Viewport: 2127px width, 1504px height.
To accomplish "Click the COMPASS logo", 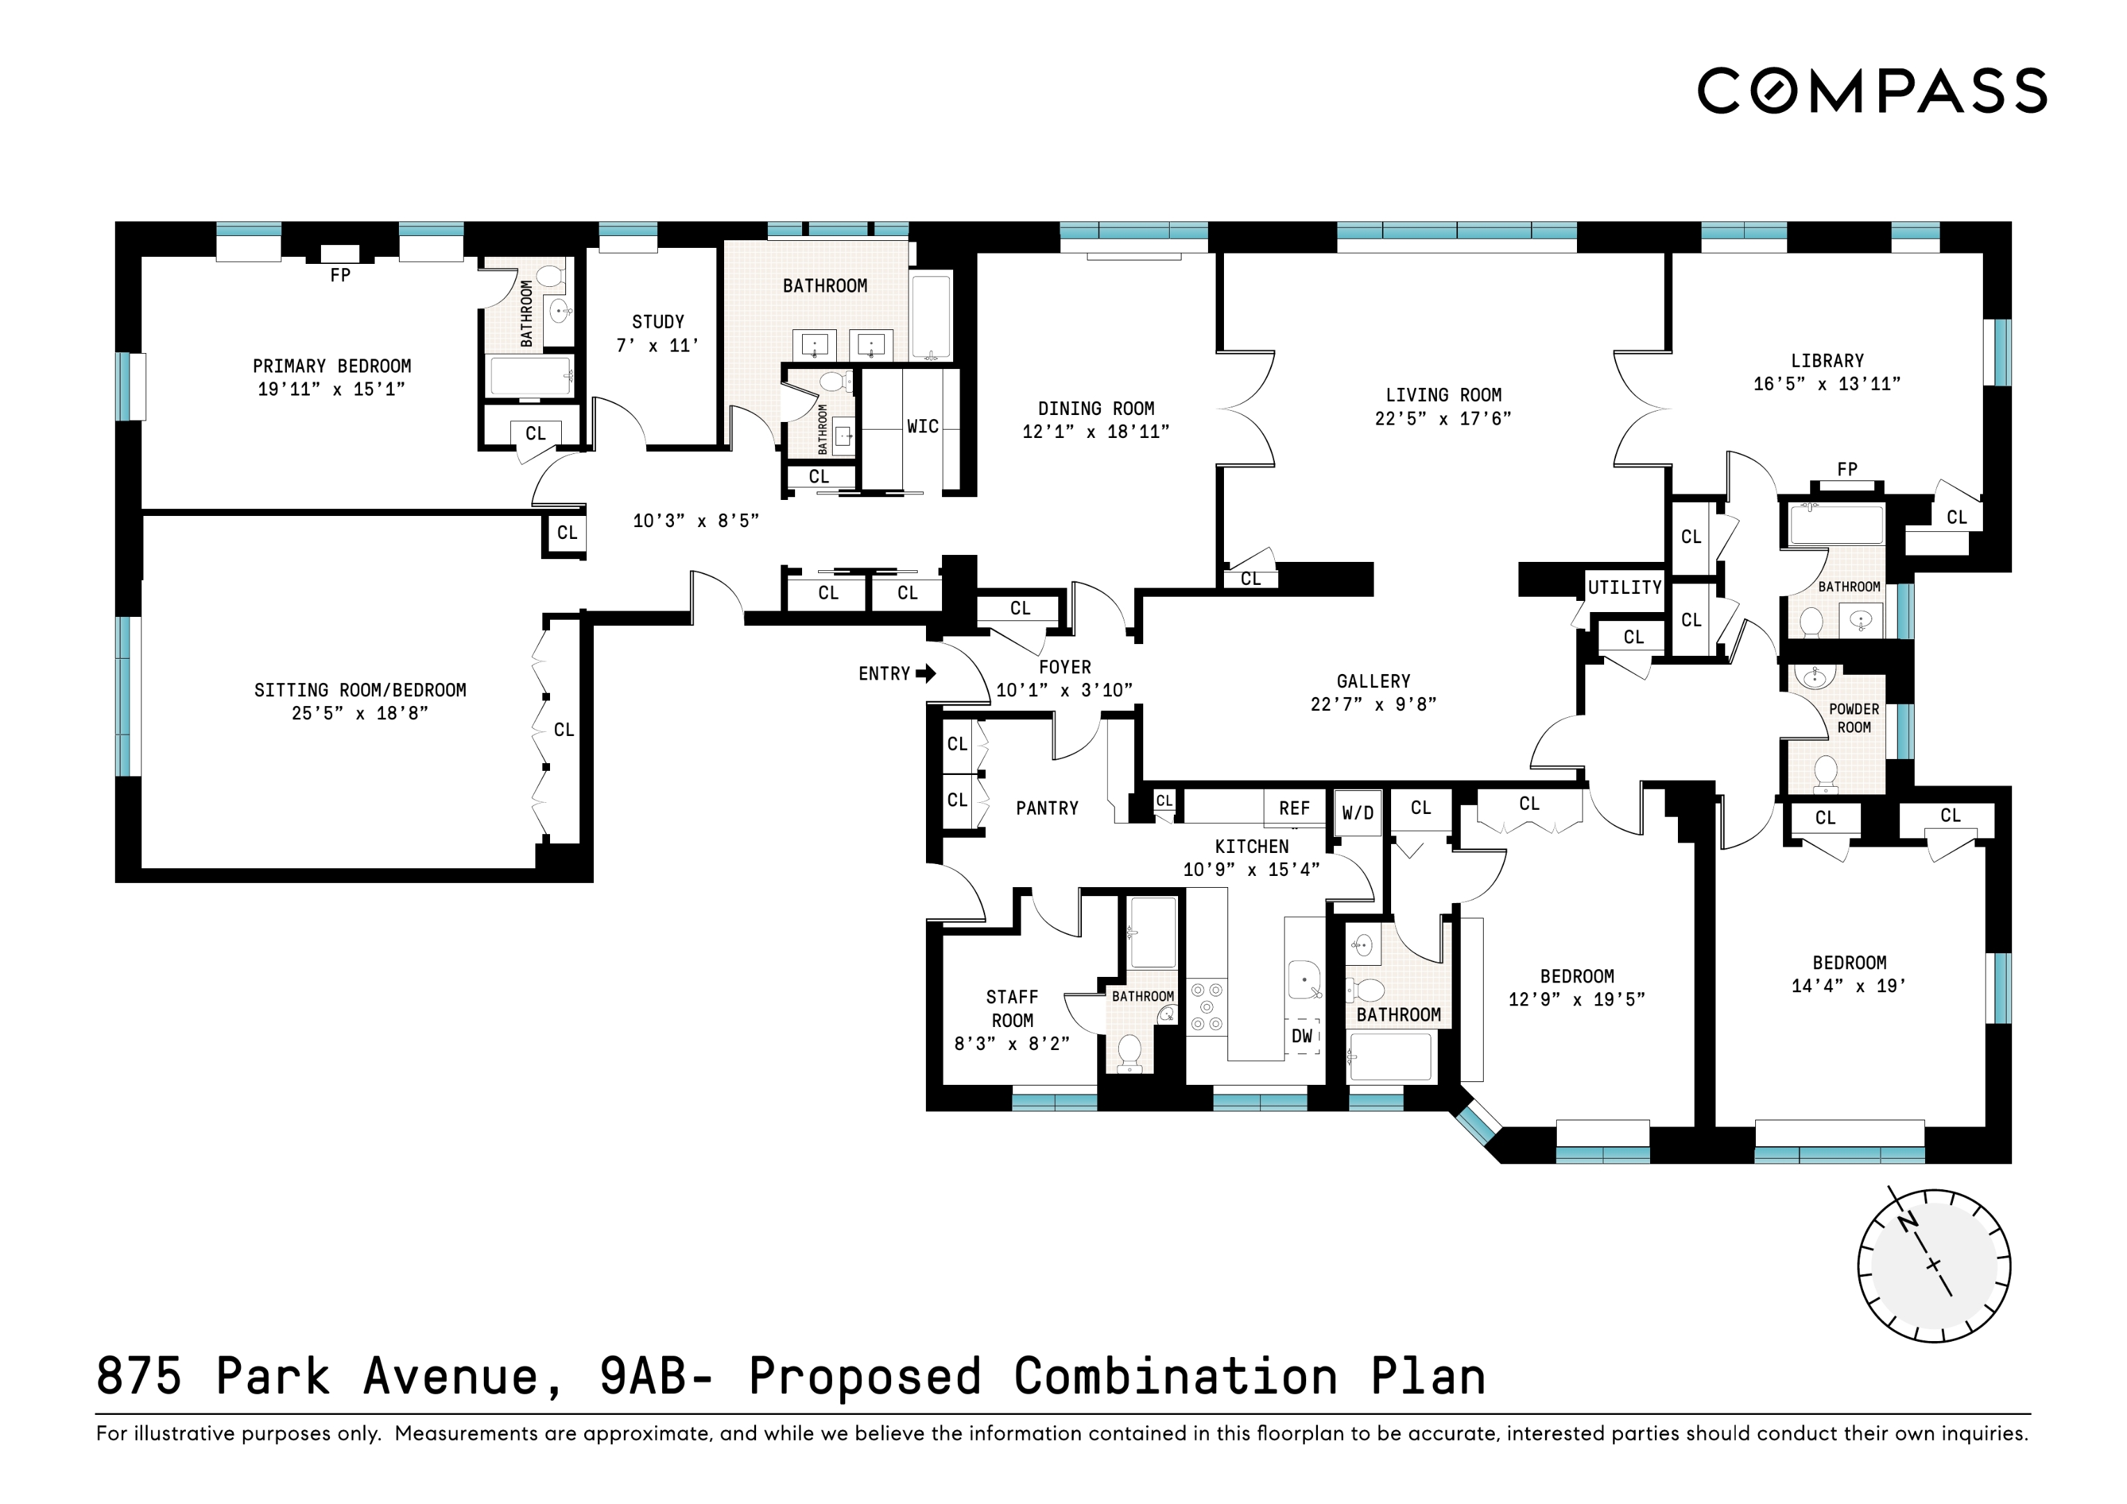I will (x=1871, y=91).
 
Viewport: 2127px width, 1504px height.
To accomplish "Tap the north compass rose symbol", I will (x=1933, y=1266).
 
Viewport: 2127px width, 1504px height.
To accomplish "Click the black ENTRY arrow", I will (x=925, y=674).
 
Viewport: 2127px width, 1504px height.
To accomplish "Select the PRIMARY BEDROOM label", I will (x=331, y=366).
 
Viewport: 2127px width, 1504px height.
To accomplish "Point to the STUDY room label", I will (x=658, y=322).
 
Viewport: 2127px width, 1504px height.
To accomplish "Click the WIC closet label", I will (x=922, y=426).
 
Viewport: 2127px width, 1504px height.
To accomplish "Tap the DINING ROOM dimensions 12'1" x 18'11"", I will (x=1096, y=432).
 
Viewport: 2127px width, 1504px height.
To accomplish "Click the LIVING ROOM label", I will (x=1443, y=395).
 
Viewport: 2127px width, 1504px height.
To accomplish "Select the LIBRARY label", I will (x=1827, y=361).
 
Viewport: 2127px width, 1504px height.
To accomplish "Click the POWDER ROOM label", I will (x=1853, y=718).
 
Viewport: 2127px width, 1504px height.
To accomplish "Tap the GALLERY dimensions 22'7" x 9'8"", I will (x=1373, y=704).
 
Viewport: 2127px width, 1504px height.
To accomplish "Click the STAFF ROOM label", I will (x=1012, y=1008).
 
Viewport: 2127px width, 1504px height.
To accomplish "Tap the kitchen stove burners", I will (x=1206, y=1006).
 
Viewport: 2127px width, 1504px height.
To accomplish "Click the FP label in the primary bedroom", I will (x=340, y=275).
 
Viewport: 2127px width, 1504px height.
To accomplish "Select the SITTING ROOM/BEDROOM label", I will (x=361, y=690).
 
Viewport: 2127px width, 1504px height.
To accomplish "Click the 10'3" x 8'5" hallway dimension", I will (x=696, y=521).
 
